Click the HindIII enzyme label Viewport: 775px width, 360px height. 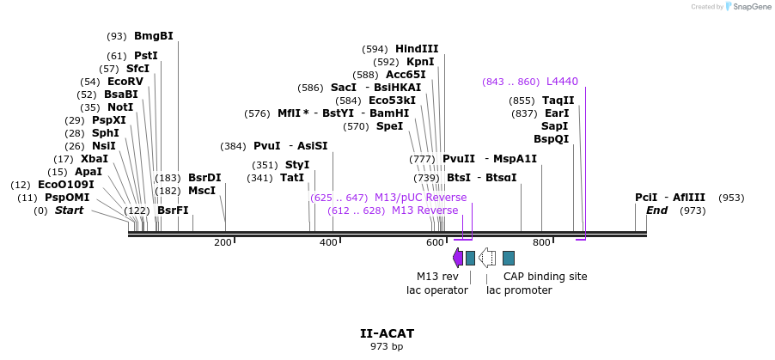click(417, 49)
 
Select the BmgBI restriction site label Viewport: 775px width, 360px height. click(153, 36)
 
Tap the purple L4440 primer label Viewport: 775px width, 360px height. click(562, 82)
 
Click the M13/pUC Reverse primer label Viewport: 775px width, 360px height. click(420, 198)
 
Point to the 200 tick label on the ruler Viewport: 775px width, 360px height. click(223, 243)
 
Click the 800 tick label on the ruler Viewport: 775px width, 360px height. click(541, 243)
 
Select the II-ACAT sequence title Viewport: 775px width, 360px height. click(387, 333)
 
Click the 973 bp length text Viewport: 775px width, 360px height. click(387, 347)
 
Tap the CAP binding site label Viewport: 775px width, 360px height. click(546, 277)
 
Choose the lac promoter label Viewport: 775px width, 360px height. click(519, 290)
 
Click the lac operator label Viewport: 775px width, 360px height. click(437, 290)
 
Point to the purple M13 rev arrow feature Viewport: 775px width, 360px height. click(457, 257)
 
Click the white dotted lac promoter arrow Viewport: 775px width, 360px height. click(487, 257)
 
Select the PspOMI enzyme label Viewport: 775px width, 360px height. click(67, 198)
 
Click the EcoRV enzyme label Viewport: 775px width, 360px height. click(125, 82)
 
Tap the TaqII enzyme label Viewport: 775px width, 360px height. click(558, 101)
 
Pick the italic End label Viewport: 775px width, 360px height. click(656, 211)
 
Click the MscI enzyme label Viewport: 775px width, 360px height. click(202, 191)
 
